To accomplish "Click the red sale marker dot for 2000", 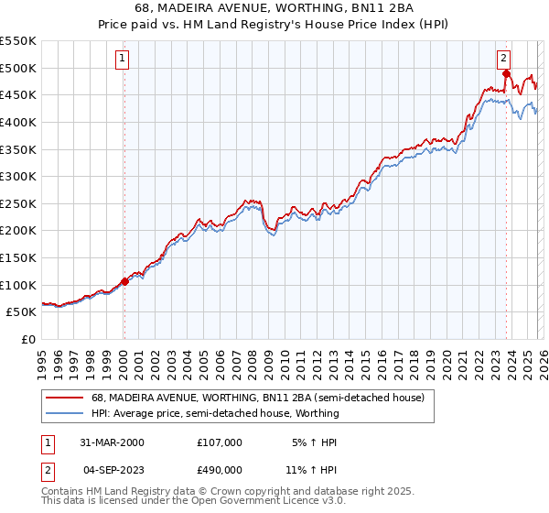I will tap(124, 281).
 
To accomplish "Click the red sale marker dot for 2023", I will tap(506, 72).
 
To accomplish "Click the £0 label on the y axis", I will tap(29, 339).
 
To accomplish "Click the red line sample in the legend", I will tap(64, 398).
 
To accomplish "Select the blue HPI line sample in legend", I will tap(64, 413).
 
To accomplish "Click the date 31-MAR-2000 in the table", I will tap(112, 442).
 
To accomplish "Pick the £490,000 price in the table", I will tap(220, 472).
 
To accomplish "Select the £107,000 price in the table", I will tap(220, 442).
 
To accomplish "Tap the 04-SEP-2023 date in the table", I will tap(112, 472).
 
